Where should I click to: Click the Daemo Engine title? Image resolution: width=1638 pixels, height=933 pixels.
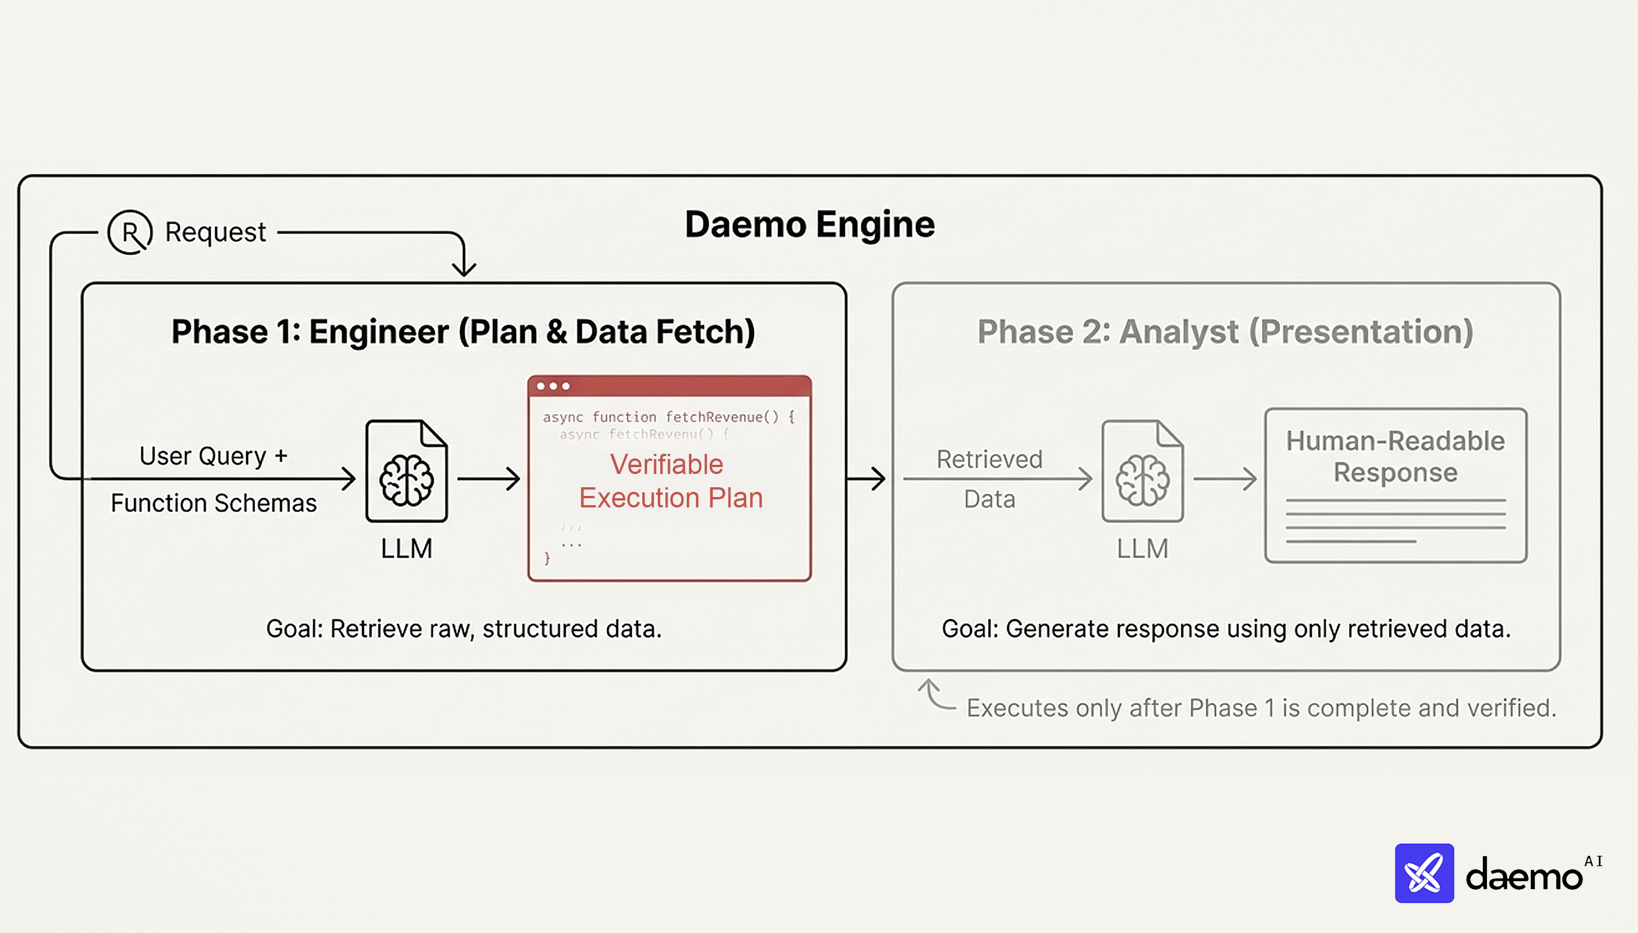tap(809, 225)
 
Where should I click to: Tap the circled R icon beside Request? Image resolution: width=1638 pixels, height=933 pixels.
tap(130, 232)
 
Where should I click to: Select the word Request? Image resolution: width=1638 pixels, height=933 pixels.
tap(215, 232)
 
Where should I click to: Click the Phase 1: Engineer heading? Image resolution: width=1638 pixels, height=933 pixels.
tap(463, 332)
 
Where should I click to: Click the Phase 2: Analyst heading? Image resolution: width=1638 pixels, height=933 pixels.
tap(1225, 332)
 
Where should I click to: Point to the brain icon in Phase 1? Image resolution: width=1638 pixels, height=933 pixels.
tap(406, 479)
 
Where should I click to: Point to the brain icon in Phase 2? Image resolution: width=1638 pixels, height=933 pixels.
tap(1142, 479)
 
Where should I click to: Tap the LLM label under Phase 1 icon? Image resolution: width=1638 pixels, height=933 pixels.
tap(406, 548)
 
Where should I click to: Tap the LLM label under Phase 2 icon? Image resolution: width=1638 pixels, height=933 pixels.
tap(1142, 548)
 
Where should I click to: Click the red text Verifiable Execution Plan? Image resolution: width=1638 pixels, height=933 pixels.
tap(669, 480)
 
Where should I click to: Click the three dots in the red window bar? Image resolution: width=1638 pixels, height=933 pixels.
tap(553, 386)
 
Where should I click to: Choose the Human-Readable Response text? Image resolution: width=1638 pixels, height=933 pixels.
tap(1395, 456)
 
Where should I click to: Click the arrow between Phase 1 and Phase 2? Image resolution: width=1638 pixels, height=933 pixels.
tap(868, 478)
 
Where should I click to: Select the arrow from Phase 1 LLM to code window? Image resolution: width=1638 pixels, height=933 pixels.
tap(489, 478)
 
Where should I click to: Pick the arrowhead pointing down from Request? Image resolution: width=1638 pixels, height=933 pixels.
tap(464, 267)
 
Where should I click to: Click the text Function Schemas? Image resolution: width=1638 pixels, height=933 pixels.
tap(213, 503)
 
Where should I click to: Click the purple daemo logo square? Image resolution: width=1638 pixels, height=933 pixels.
tap(1424, 873)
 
